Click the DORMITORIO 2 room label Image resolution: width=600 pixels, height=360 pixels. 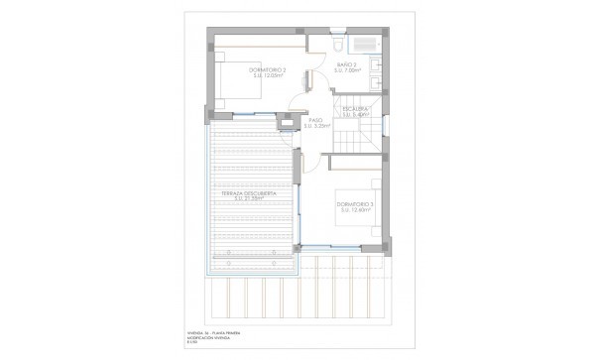pos(266,70)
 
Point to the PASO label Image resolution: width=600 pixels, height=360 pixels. pos(315,120)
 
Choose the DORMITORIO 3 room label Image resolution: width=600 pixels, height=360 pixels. pos(355,204)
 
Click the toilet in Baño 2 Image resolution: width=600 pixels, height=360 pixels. pos(338,46)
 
